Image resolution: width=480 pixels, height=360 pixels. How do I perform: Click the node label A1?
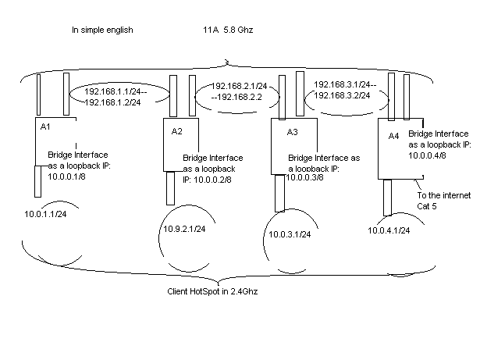tap(44, 124)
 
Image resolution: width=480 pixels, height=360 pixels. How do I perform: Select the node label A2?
tap(176, 130)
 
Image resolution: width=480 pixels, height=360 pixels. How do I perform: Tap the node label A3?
tap(284, 130)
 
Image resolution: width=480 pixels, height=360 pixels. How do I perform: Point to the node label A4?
tap(393, 137)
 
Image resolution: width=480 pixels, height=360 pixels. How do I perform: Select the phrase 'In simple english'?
tap(102, 30)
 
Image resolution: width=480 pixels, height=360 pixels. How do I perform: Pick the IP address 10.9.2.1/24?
tap(184, 229)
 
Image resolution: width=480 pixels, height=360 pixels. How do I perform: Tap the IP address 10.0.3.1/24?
tap(290, 234)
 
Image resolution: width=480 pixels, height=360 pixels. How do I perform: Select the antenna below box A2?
tap(170, 188)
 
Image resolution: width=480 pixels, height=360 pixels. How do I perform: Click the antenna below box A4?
tap(386, 198)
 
